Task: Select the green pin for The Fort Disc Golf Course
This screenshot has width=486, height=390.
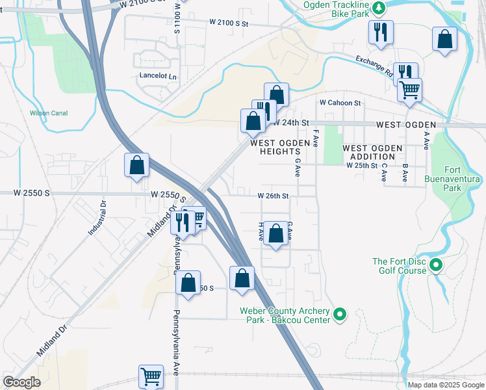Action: pos(436,266)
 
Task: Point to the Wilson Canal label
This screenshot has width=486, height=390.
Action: pos(49,113)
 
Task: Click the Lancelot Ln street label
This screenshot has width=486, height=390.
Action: pos(158,75)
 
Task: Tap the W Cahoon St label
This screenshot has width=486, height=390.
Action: pos(339,103)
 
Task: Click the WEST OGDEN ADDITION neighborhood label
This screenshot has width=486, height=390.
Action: pos(372,153)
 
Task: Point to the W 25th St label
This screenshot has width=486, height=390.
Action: pos(362,166)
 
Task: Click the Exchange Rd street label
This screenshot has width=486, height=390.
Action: pos(375,67)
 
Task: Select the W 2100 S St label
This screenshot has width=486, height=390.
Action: pos(229,23)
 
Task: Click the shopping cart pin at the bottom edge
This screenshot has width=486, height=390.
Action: pos(151,376)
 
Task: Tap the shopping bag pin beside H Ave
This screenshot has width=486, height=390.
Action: pos(275,233)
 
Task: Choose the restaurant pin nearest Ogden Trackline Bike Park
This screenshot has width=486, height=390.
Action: pos(380,32)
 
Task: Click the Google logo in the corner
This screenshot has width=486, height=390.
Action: pos(21,382)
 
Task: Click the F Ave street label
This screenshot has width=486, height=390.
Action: pos(315,138)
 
